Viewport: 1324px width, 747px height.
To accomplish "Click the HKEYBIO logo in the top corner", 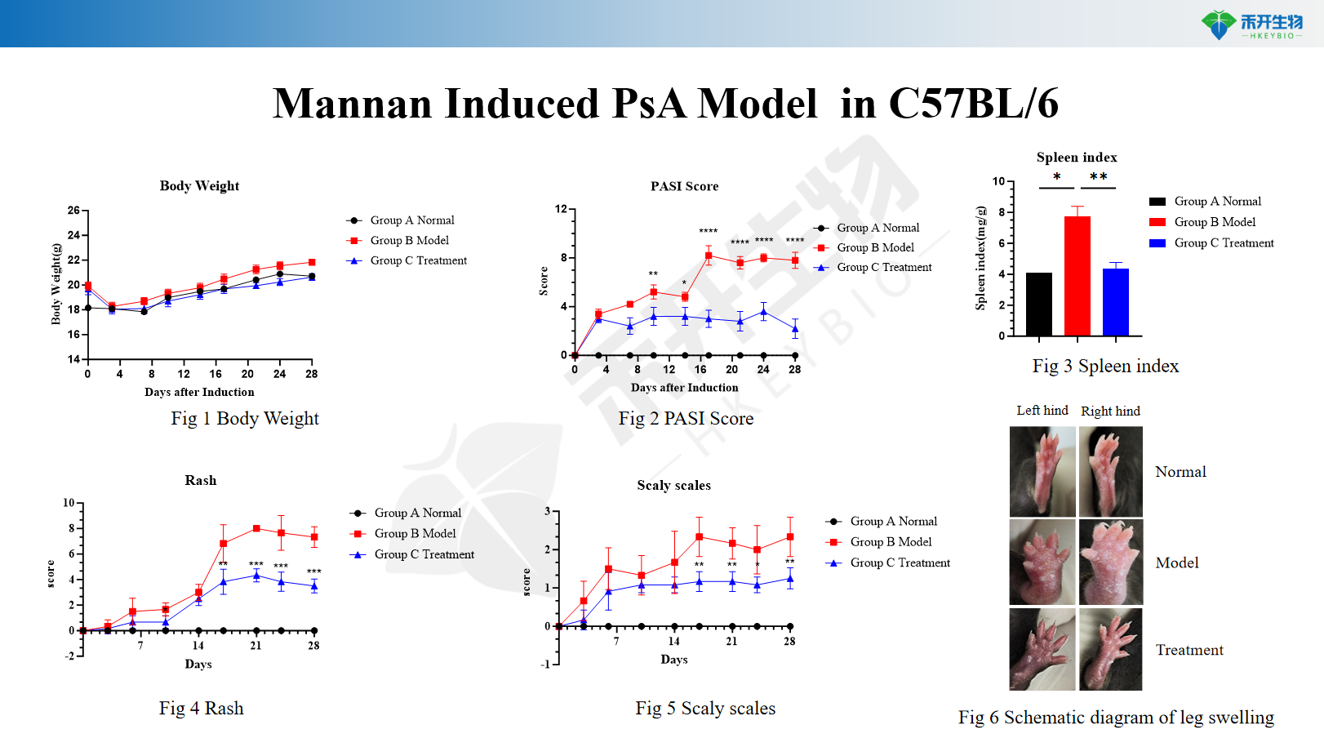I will [x=1252, y=24].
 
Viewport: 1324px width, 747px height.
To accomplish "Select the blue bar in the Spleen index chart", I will [x=1115, y=302].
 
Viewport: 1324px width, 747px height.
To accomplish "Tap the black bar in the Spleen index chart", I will [x=1038, y=304].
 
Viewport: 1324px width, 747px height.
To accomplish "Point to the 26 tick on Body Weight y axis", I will [x=73, y=211].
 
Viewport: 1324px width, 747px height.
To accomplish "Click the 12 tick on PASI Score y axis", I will [x=561, y=209].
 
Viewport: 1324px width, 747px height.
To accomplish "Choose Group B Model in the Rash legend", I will [x=415, y=533].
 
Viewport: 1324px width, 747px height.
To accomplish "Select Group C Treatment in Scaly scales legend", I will [x=900, y=562].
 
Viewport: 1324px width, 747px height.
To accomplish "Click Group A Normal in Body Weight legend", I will [x=411, y=220].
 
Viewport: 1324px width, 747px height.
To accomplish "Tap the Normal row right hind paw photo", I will [x=1110, y=471].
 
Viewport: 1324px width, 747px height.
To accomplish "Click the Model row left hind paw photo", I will [x=1042, y=562].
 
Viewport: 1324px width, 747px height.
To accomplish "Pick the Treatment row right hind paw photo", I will [x=1110, y=650].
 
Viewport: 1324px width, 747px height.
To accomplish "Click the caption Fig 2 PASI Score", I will [x=686, y=419].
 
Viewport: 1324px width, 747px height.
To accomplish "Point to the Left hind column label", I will [x=1042, y=411].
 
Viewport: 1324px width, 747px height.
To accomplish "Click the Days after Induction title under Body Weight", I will [x=199, y=392].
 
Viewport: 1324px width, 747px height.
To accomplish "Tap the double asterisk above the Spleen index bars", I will [x=1099, y=177].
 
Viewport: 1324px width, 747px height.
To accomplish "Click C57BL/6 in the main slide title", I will [x=973, y=104].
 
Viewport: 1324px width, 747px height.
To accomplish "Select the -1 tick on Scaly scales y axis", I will [x=545, y=664].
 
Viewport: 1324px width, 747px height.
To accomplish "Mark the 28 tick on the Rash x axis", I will [x=313, y=646].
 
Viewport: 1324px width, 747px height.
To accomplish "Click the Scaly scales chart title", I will [x=673, y=485].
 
